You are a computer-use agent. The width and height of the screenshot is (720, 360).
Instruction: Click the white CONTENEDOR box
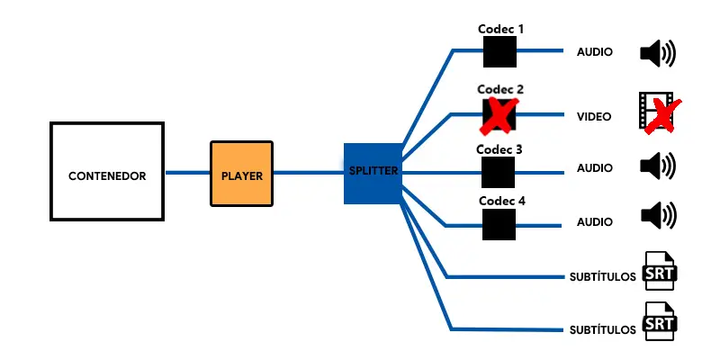coord(107,171)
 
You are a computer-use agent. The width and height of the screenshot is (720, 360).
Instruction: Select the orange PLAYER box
coord(241,172)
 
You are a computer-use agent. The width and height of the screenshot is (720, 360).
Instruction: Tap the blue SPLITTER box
coord(373,172)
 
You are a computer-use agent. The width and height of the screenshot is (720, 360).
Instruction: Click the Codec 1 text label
coord(500,29)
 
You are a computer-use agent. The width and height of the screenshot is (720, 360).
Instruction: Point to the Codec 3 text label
coord(499,149)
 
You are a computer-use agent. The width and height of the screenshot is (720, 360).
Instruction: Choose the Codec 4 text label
coord(501,201)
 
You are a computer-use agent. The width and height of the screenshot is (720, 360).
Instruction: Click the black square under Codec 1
coord(499,51)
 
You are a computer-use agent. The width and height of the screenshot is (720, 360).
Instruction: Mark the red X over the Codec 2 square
coord(499,115)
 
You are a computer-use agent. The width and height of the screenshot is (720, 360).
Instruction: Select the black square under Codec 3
coord(498,171)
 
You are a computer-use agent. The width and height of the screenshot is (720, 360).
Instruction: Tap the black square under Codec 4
coord(498,224)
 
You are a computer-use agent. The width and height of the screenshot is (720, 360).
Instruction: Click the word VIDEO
coord(594,116)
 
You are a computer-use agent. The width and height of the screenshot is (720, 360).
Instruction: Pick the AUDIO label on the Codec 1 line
coord(595,52)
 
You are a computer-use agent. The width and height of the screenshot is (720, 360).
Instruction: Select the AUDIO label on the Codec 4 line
coord(595,221)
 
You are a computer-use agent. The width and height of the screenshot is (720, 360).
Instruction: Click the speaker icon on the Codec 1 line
coord(657,53)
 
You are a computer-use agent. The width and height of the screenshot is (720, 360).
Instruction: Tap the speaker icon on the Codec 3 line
coord(657,166)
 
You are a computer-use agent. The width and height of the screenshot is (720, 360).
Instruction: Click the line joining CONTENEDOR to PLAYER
coord(187,172)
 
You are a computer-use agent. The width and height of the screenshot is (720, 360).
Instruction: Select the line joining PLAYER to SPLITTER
coord(308,172)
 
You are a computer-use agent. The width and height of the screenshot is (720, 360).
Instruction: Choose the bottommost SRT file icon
coord(660,321)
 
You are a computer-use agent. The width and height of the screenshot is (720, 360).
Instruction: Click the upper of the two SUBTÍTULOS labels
coord(603,276)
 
